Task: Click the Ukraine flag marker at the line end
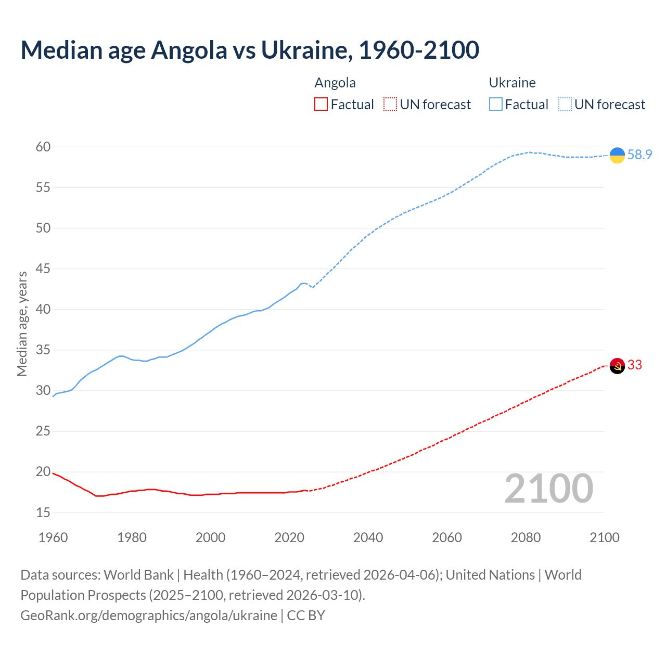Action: pyautogui.click(x=617, y=155)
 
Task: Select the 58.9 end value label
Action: pyautogui.click(x=639, y=155)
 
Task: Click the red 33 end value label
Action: pyautogui.click(x=635, y=365)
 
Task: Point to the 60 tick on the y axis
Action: pyautogui.click(x=43, y=147)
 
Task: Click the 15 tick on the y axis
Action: pyautogui.click(x=43, y=513)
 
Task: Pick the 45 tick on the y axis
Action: pyautogui.click(x=43, y=269)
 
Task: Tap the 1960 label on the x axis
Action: pyautogui.click(x=53, y=537)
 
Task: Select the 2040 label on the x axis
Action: pyautogui.click(x=368, y=537)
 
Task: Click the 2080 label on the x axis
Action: pyautogui.click(x=526, y=537)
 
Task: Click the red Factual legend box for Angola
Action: pyautogui.click(x=321, y=105)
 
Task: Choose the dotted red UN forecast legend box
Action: pyautogui.click(x=390, y=105)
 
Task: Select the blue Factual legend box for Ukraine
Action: pyautogui.click(x=496, y=105)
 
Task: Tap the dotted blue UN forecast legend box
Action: pyautogui.click(x=565, y=105)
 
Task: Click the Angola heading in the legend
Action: pyautogui.click(x=335, y=83)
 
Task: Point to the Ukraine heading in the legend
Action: pyautogui.click(x=512, y=83)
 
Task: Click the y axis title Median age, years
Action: pyautogui.click(x=22, y=324)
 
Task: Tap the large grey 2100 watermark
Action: pyautogui.click(x=548, y=488)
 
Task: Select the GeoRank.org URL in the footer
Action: pyautogui.click(x=149, y=615)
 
